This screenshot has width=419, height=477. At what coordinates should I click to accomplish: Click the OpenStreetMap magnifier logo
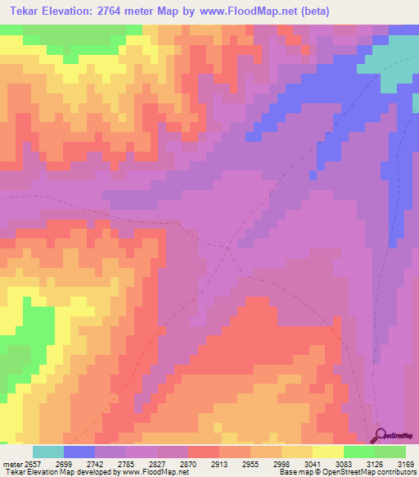point(381,435)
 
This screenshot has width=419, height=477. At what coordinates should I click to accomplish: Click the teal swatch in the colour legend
point(48,452)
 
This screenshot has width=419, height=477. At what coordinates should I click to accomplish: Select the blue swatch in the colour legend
point(79,452)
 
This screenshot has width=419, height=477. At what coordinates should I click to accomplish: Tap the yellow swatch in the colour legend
point(328,452)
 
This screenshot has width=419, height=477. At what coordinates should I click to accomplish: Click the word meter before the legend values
point(11,463)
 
